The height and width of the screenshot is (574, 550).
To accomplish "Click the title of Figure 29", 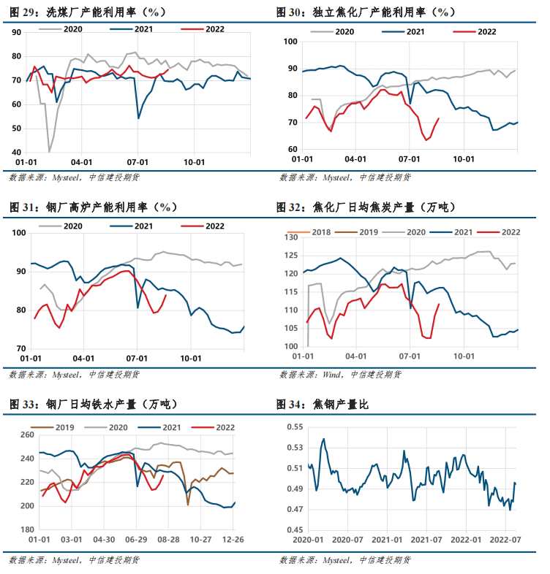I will [88, 12].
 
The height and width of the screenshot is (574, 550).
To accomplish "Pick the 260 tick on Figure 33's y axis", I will [24, 435].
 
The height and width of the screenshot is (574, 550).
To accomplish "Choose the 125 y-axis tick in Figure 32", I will [292, 256].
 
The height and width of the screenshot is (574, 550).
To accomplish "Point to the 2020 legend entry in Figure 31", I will [72, 226].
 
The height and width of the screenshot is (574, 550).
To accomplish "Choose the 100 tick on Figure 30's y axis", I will [290, 42].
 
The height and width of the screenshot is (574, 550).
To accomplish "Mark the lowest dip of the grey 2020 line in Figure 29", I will [49, 151].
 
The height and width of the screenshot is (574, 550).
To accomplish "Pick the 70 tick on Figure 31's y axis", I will [20, 348].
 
